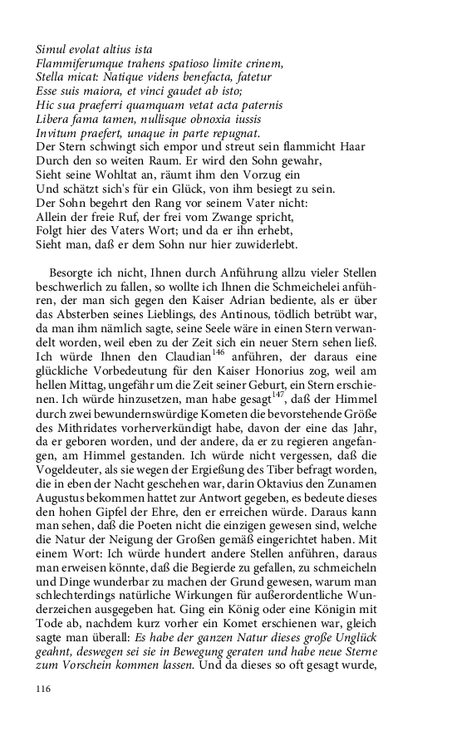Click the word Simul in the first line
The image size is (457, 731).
coord(52,51)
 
